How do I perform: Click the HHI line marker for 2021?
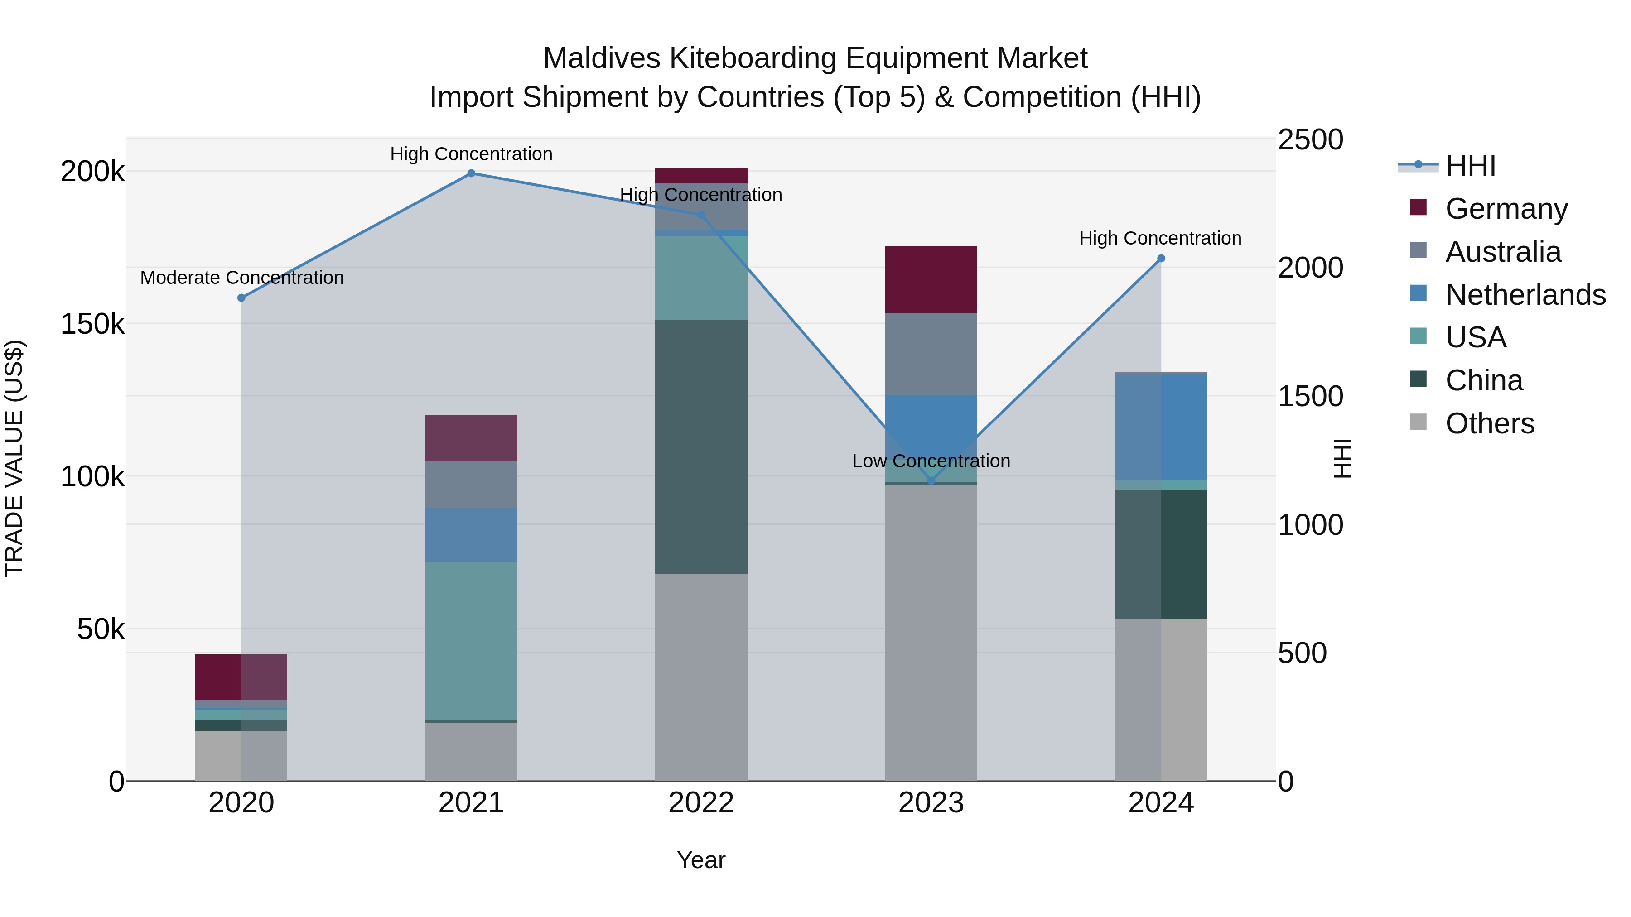tap(471, 173)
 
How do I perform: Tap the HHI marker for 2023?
tap(931, 481)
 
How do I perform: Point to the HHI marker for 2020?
tap(241, 298)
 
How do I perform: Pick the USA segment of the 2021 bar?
tap(471, 640)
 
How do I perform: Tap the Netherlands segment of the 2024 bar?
tap(1161, 427)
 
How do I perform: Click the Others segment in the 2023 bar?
tap(931, 633)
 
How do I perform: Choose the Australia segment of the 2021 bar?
tap(471, 484)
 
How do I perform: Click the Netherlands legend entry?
tap(1525, 295)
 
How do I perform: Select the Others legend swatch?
tap(1418, 422)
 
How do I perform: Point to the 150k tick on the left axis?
tap(92, 324)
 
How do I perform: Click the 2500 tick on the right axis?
tap(1310, 140)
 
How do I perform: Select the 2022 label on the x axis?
tap(701, 803)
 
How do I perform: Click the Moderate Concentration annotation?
tap(242, 278)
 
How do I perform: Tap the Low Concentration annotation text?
tap(931, 461)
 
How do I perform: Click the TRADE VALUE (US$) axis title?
tap(14, 458)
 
